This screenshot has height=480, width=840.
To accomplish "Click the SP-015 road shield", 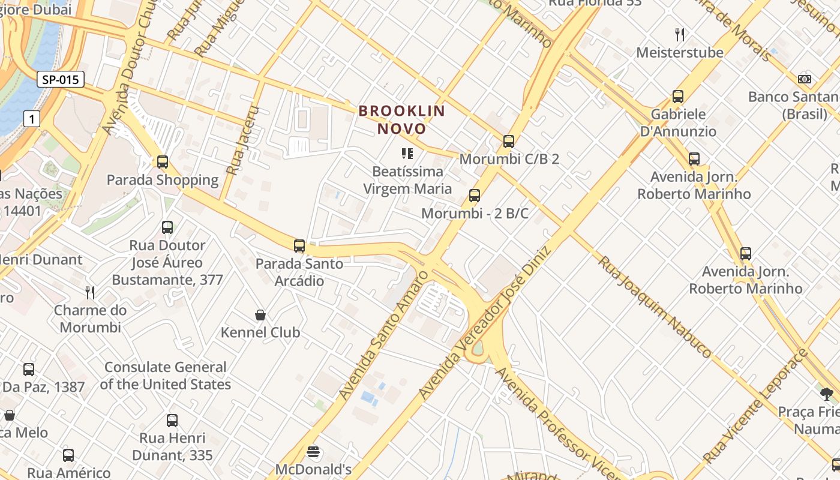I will coord(61,79).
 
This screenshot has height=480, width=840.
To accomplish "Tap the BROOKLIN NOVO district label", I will coord(401,119).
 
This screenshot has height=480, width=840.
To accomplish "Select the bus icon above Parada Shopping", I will coord(163,161).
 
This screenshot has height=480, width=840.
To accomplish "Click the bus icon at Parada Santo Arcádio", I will coord(299,245).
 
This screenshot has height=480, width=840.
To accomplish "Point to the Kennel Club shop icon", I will coord(260,315).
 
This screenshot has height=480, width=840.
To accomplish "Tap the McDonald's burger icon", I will coord(313,451).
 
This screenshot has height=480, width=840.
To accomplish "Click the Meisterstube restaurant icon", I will coord(680,34).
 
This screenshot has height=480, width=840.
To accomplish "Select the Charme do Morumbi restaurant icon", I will coord(90,292).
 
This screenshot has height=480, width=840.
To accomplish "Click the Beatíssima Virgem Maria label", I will coord(407,180).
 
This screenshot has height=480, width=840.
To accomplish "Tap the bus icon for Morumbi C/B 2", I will coord(509,142).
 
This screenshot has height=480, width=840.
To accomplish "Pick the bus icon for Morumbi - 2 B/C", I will coord(475,196).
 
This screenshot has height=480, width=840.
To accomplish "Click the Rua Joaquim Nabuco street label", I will coord(654,307).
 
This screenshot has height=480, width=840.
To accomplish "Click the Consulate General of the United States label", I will coord(165,376).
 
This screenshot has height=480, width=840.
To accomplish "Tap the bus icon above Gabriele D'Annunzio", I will coord(678,96).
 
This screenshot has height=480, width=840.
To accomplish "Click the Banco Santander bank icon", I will coord(805,79).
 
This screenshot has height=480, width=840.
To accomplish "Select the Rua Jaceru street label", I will coord(242,140).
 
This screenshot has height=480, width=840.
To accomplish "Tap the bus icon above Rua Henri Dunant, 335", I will coord(172,420).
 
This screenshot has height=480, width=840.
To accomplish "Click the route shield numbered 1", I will coord(32,119).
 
